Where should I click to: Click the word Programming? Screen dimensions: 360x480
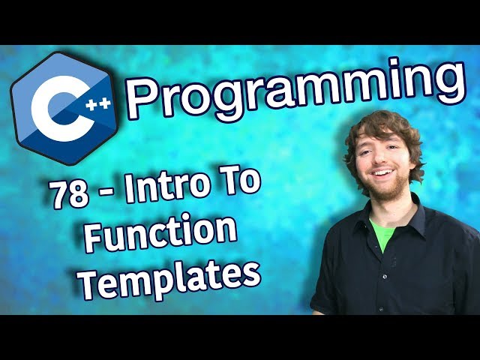(292, 91)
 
